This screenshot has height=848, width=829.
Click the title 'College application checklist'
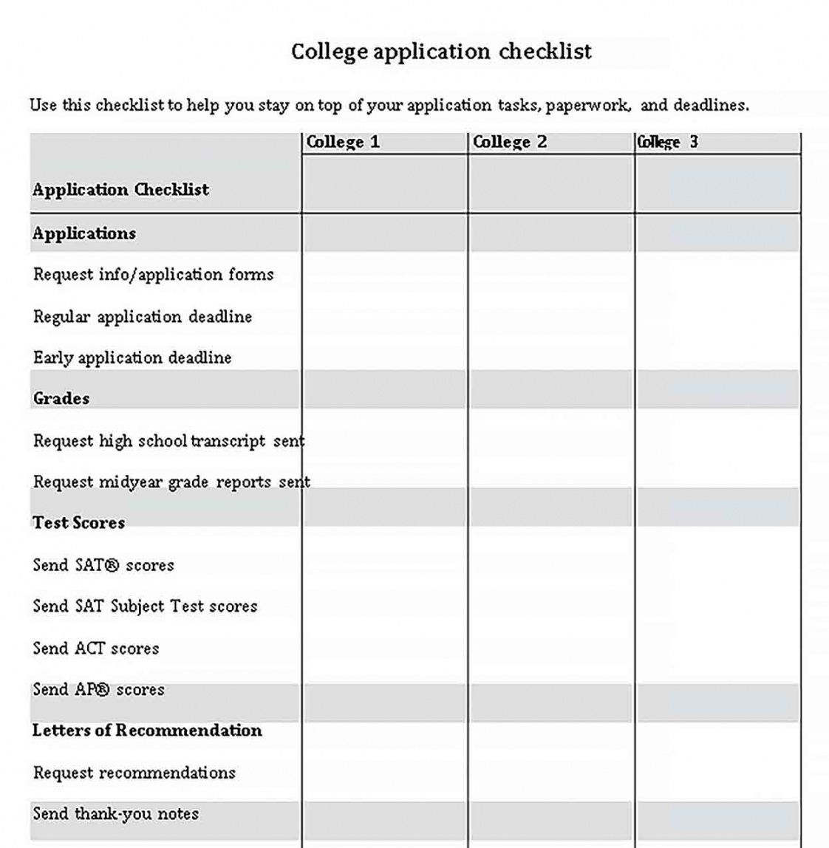coord(441,52)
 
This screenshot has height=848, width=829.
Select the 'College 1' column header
coord(343,142)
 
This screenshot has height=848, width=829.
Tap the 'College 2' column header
coord(510,142)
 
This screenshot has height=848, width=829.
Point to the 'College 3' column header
coord(667,142)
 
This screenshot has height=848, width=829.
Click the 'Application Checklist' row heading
coord(120,190)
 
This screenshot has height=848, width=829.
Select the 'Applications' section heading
coord(84,233)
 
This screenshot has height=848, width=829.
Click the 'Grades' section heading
coord(61,398)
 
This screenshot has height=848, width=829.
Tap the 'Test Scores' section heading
coord(78,522)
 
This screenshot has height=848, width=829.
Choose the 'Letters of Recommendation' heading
coord(147,731)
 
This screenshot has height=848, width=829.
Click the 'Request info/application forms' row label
coord(154,275)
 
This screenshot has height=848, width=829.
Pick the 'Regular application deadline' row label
coord(143,317)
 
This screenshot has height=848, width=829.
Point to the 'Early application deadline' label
coord(132,358)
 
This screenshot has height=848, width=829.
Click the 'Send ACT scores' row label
coord(96,649)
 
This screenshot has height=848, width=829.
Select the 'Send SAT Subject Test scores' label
coord(145,606)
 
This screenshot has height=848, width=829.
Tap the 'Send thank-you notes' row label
coord(116,814)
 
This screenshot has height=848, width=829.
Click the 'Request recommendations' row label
coord(134,773)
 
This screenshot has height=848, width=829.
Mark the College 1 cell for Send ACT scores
coord(385,649)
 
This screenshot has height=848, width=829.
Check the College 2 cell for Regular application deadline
coord(551,317)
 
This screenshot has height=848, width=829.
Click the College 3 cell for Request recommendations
coord(717,773)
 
